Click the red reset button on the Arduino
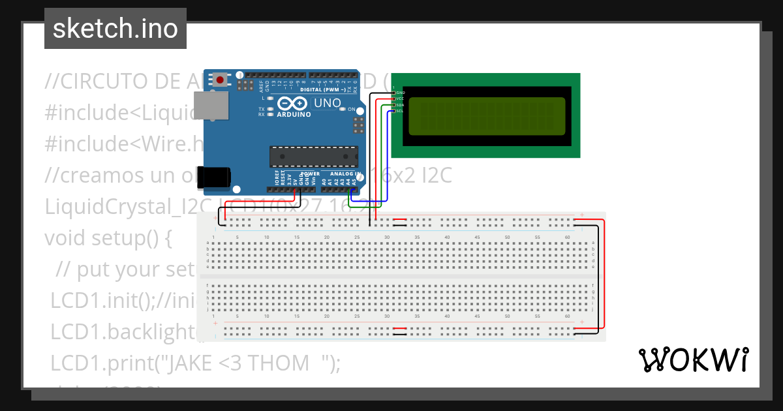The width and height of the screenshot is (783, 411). coord(221,80)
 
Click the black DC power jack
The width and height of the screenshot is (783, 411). coord(215,177)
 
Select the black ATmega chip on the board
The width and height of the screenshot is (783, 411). coord(314,157)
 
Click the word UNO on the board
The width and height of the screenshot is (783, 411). coord(328,103)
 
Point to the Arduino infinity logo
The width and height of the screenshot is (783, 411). coord(292,104)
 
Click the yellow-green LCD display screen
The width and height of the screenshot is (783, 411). coord(486,116)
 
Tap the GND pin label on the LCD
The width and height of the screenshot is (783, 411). coord(401,93)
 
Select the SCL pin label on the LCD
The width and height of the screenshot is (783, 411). coord(400,111)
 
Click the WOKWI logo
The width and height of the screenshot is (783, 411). coord(693,359)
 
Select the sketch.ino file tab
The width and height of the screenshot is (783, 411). coord(115,29)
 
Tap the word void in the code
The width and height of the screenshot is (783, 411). coord(61,238)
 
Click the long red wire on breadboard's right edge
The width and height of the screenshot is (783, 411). coord(604,274)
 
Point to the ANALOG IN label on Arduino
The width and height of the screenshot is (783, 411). coord(342,174)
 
